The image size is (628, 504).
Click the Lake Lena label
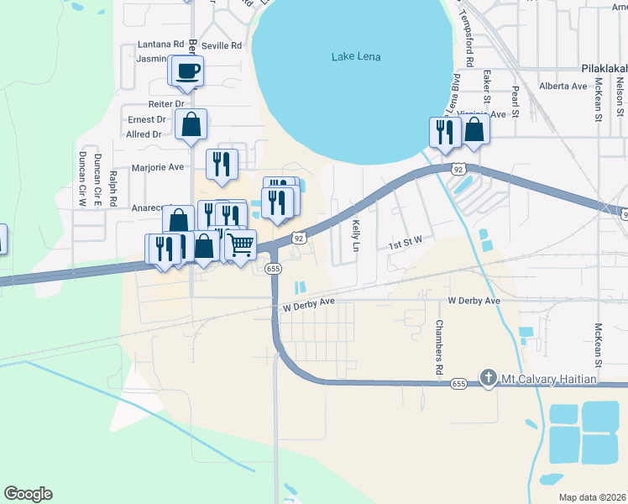point(356,56)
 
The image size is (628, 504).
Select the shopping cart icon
point(241,245)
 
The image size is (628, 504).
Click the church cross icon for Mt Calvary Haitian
point(487,378)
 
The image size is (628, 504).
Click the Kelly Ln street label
point(356,236)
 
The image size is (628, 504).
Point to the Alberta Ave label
point(563,87)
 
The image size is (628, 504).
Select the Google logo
point(28,494)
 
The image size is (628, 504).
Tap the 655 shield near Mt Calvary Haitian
point(458,384)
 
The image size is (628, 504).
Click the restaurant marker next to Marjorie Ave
point(222,163)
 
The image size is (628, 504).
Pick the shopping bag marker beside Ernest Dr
point(191,124)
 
